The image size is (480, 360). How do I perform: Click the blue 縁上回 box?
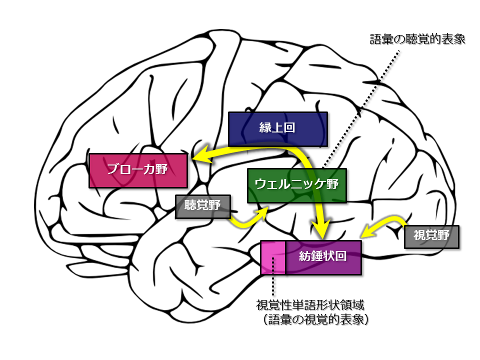277,128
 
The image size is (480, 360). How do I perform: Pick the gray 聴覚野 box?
202,206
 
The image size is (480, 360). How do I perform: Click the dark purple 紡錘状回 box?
323,257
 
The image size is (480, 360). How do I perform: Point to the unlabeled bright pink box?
273,257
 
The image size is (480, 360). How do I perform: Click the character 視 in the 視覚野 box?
419,236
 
